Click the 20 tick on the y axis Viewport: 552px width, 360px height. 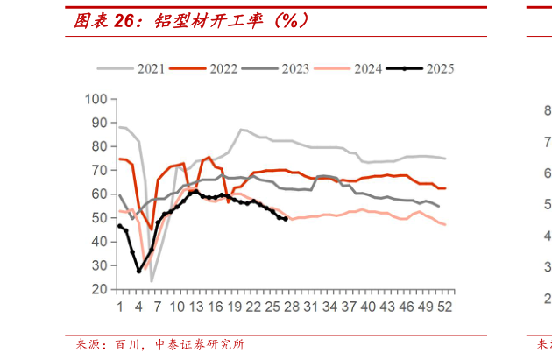click(99, 289)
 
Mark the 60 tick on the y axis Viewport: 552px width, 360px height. click(99, 194)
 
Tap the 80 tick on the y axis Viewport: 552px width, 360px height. click(99, 147)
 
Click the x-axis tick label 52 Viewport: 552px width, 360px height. click(445, 307)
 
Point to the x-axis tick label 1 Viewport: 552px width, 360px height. click(119, 307)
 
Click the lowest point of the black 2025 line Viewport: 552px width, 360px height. click(138, 271)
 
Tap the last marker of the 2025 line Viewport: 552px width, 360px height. click(286, 219)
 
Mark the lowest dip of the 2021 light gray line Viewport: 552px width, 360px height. click(152, 281)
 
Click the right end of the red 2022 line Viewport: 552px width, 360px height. click(445, 188)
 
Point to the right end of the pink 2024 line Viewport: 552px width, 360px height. click(445, 225)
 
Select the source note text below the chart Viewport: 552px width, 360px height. click(159, 345)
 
